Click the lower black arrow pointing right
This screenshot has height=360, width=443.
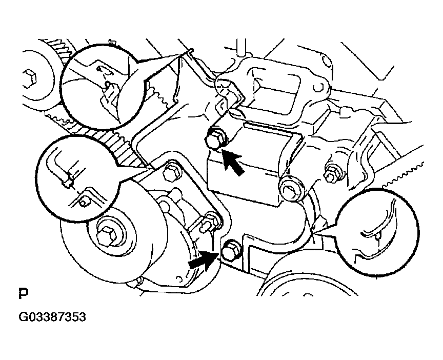[201, 261]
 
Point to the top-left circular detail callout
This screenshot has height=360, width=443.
[100, 85]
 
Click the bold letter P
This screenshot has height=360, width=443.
[23, 294]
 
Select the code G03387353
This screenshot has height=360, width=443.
[52, 317]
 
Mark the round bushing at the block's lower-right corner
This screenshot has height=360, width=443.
[291, 188]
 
